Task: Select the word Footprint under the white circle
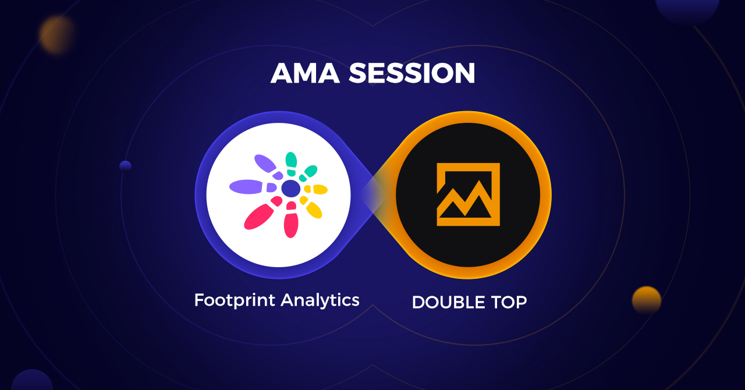tap(235, 300)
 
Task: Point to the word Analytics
tap(320, 300)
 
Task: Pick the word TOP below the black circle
tap(508, 302)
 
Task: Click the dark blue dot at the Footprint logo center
tap(290, 189)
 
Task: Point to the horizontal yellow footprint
tap(317, 189)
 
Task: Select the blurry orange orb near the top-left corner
tap(56, 34)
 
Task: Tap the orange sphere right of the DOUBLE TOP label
tap(647, 300)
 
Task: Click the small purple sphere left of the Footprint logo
tap(125, 166)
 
